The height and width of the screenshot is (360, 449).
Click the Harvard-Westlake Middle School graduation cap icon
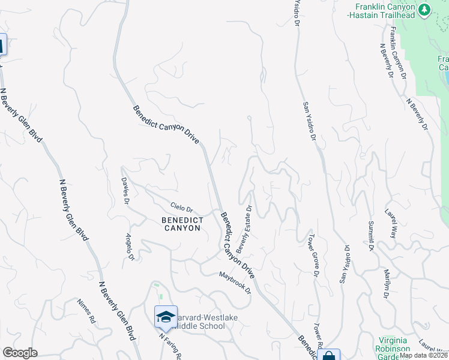point(166,316)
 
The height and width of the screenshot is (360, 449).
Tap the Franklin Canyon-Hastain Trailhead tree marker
point(425,9)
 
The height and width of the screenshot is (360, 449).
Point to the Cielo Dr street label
point(181,208)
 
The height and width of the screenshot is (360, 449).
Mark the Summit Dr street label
point(370,235)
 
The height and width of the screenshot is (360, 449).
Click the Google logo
point(20,353)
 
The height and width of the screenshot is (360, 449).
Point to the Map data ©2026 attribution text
point(423,355)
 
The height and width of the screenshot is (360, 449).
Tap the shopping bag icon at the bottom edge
point(330,356)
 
